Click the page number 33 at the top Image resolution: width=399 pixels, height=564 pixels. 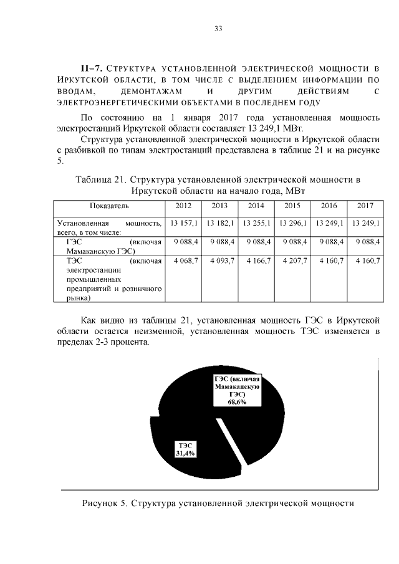[218, 29]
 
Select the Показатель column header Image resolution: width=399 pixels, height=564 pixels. [109, 206]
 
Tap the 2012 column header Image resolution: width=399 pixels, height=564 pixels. [183, 206]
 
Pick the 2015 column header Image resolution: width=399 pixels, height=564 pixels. [292, 206]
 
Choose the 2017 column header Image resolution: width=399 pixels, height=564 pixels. [365, 206]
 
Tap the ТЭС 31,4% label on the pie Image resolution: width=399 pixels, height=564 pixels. [185, 449]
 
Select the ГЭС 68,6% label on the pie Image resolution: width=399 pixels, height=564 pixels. [236, 390]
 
